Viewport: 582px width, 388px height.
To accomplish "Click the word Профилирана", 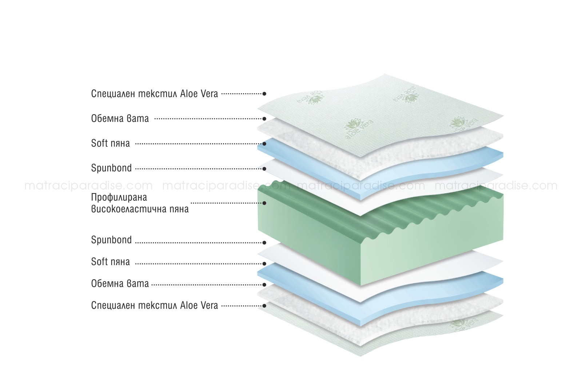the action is coord(119,198).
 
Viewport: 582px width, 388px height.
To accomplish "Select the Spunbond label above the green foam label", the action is coord(111,168).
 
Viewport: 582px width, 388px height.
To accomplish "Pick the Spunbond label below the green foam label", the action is coord(111,240).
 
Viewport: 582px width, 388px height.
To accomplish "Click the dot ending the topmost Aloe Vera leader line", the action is coord(264,93).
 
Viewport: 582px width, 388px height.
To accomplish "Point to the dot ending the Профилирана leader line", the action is coord(264,203).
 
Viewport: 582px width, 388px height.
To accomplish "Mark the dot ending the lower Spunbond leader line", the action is coord(264,243).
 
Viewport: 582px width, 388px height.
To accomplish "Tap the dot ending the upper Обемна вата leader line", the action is coord(264,119).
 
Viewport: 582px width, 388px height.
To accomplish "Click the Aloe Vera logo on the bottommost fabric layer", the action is coord(464,325).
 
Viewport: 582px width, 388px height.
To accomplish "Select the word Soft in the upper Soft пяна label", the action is coord(100,143).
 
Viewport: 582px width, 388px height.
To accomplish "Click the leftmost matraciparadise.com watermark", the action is coord(89,186).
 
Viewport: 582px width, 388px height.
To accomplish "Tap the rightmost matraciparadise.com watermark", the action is coord(496,186).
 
